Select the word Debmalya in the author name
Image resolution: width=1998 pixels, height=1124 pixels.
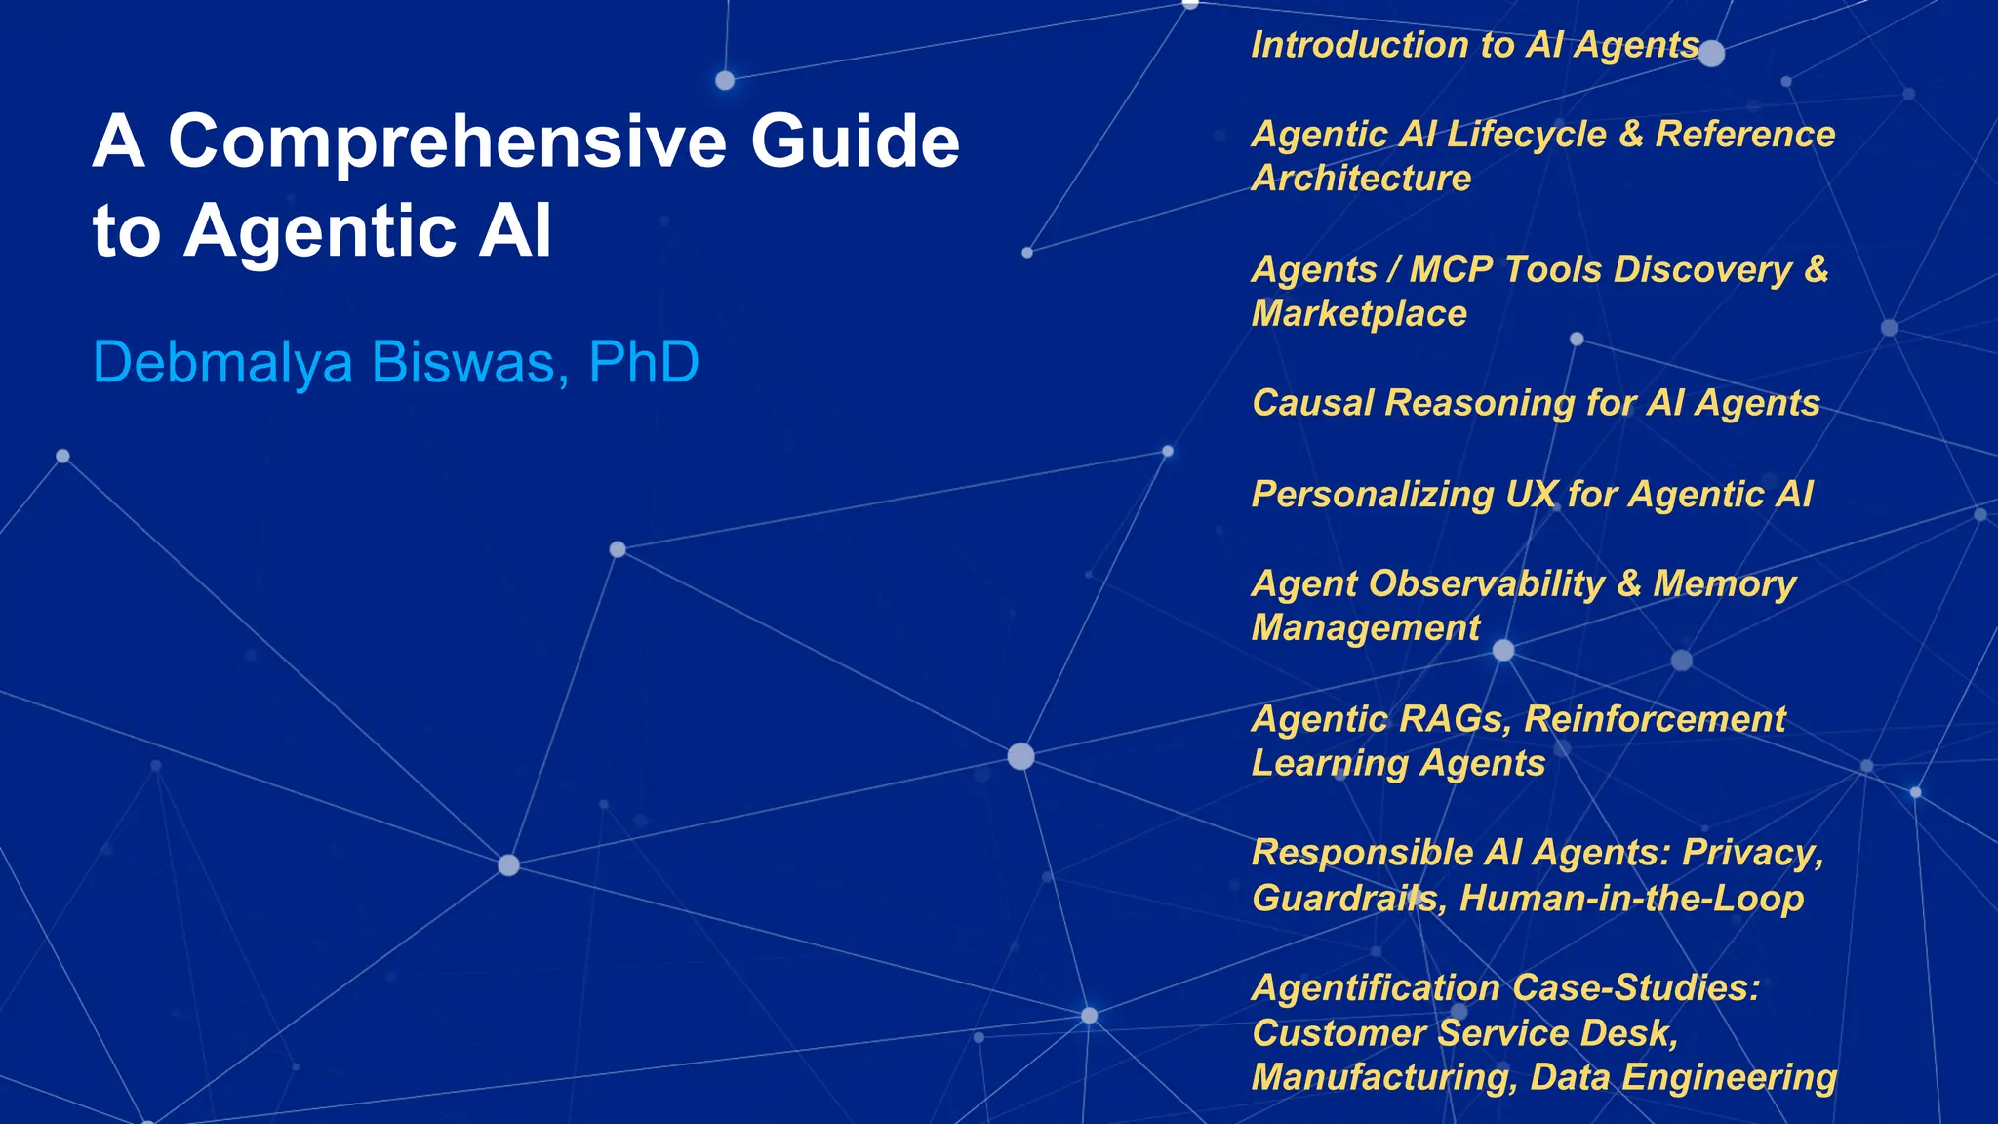point(222,363)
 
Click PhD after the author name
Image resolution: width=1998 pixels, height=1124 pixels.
point(644,363)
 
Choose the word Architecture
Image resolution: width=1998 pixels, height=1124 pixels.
point(1361,179)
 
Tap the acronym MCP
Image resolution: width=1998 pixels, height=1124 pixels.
point(1451,269)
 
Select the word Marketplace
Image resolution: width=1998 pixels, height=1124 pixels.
point(1359,314)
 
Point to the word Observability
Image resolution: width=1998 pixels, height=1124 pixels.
point(1487,584)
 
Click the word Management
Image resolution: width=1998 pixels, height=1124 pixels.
point(1366,628)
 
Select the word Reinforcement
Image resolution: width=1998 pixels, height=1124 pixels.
point(1655,720)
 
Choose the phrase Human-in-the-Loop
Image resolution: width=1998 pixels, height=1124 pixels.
point(1631,899)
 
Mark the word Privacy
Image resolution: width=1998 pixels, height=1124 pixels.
point(1752,854)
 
